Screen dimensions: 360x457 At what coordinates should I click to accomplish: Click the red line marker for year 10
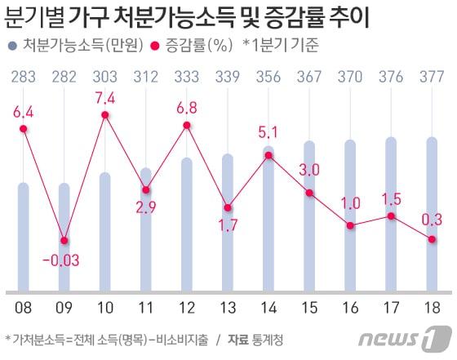pyautogui.click(x=105, y=115)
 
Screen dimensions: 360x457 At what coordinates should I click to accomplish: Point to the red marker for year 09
pyautogui.click(x=64, y=240)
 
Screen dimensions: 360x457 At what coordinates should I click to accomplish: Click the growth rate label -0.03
pyautogui.click(x=64, y=260)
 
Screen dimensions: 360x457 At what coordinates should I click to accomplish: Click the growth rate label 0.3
pyautogui.click(x=432, y=219)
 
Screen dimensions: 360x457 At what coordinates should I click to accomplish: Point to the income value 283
pyautogui.click(x=24, y=77)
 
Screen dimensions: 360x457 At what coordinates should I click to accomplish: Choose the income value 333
pyautogui.click(x=187, y=77)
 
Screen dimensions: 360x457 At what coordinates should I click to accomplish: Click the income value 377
pyautogui.click(x=432, y=77)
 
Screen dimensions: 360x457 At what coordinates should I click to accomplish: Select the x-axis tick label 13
pyautogui.click(x=228, y=308)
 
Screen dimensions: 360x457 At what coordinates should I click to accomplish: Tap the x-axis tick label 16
pyautogui.click(x=350, y=308)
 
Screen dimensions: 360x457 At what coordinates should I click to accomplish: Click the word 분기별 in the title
pyautogui.click(x=37, y=18)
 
